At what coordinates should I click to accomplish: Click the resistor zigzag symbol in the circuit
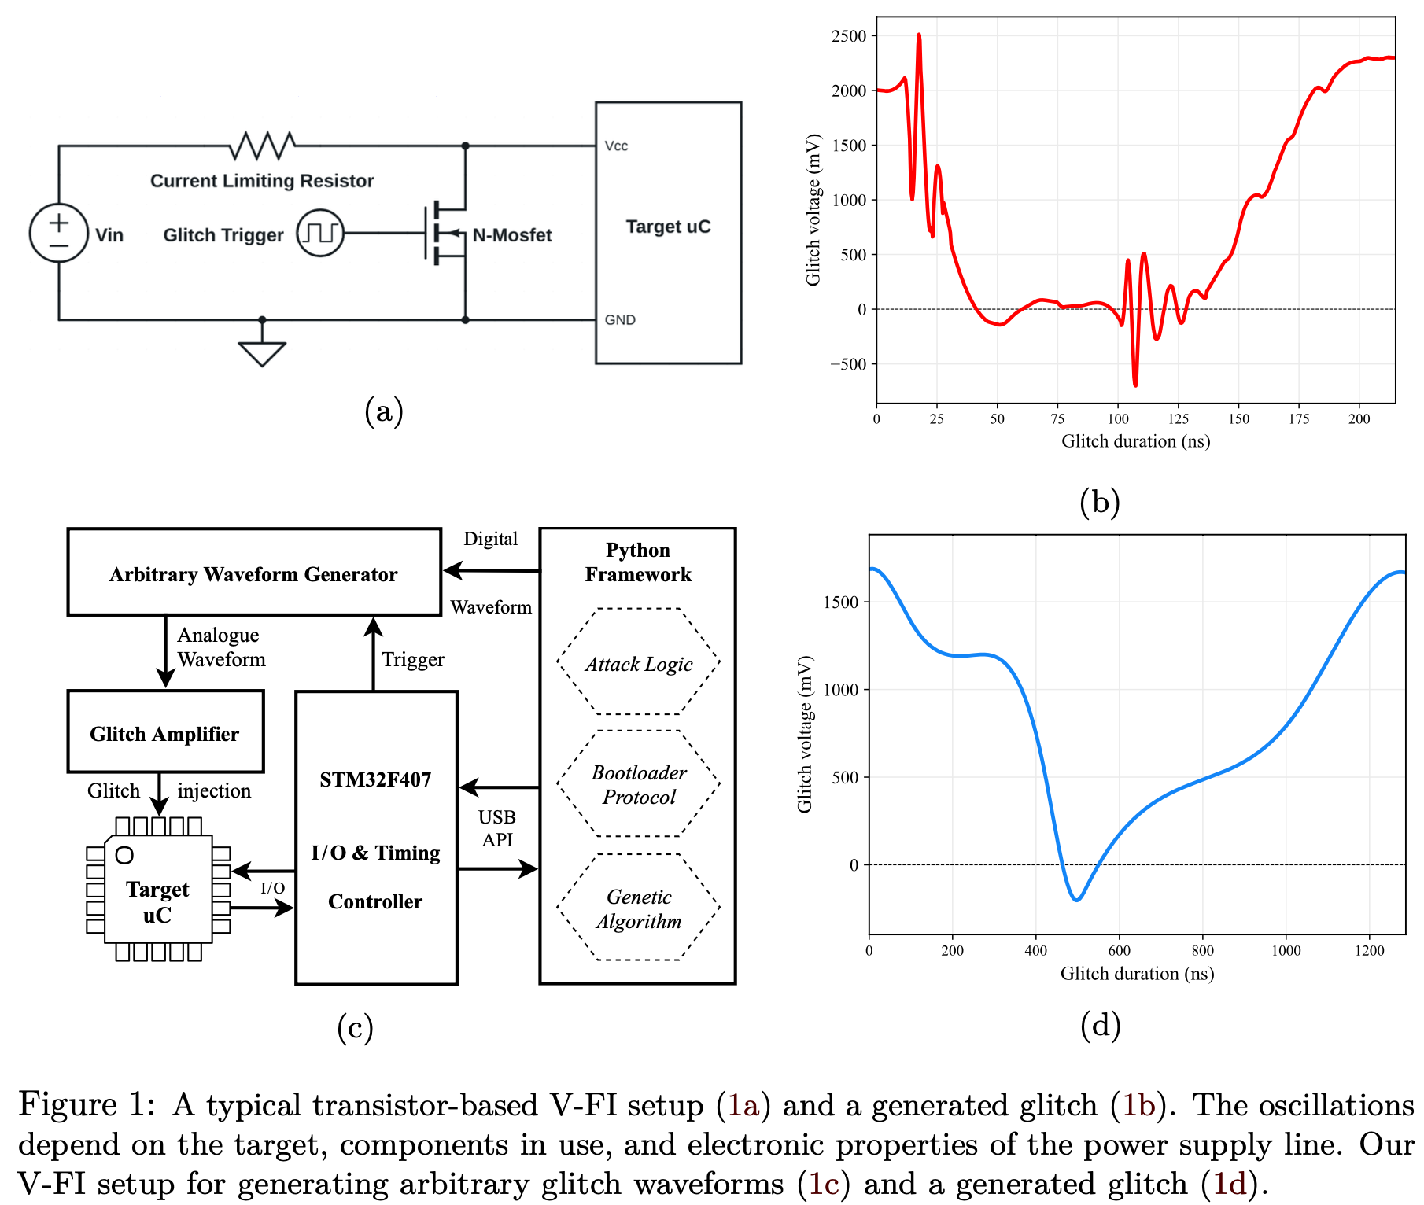262,146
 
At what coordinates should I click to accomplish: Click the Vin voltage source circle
59,233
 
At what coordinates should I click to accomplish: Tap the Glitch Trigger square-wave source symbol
320,233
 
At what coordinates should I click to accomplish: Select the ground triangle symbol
262,353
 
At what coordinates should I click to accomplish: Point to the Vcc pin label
616,146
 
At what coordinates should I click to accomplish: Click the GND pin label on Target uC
620,320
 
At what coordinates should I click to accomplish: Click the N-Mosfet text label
512,235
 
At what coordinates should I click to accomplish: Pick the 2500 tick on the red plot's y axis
849,36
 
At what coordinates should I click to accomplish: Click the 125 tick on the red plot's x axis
1178,419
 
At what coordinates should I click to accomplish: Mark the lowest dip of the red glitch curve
1135,385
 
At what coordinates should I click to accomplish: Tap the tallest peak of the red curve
919,35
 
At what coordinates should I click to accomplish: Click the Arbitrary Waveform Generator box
254,573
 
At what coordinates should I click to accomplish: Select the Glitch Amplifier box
165,732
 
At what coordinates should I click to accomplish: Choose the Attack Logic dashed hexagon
638,662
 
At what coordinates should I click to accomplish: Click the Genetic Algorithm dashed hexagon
638,908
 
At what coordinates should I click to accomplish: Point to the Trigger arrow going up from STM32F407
373,652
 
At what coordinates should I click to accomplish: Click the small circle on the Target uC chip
124,855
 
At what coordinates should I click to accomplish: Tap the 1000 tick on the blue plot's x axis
1286,951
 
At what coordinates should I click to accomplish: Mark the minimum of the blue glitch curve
1077,900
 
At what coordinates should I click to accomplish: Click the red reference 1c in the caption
824,1183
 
